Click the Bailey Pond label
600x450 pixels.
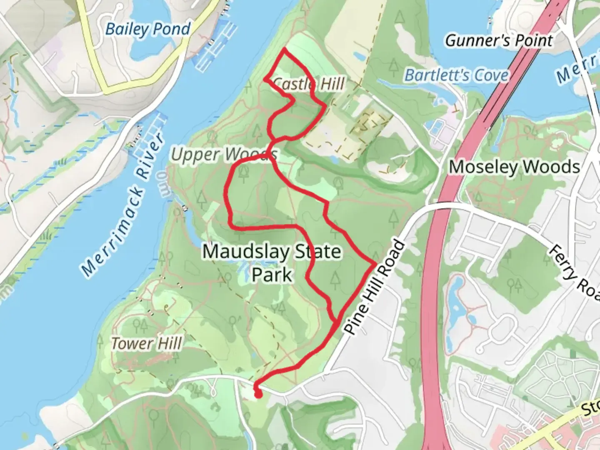point(147,29)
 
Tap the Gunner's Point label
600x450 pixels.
point(499,41)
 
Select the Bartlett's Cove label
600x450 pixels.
point(457,75)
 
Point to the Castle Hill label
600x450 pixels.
point(309,84)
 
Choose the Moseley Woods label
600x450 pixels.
point(514,167)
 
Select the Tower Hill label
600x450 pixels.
point(146,344)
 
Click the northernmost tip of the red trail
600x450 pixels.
point(284,49)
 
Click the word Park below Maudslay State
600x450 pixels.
point(272,275)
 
